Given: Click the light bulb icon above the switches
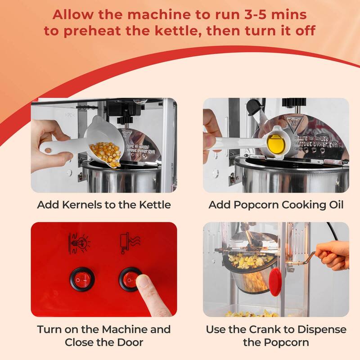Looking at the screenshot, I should point(78,243).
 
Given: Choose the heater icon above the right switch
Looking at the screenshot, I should point(128,243).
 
